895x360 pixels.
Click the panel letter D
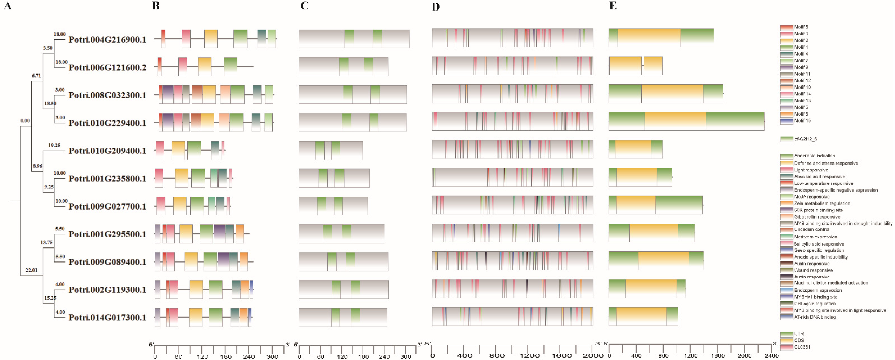436,7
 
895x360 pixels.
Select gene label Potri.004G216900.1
107,40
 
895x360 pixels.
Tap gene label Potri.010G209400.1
107,151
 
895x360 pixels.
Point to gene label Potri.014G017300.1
107,318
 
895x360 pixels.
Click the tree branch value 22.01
31,270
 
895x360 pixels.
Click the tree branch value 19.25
54,145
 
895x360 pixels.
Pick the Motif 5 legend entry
801,27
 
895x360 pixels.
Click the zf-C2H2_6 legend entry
805,139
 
